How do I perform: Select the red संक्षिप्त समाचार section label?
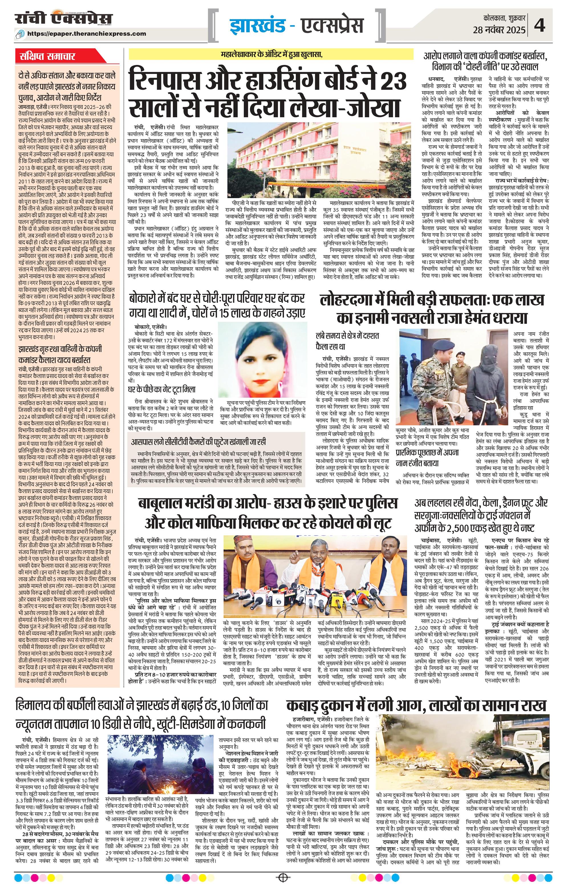47,57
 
